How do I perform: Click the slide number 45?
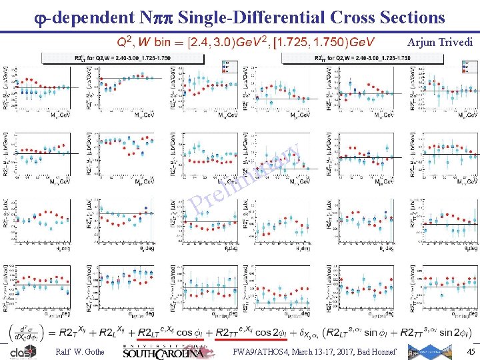471,351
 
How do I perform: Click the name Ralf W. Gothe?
80,351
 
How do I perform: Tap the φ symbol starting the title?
41,16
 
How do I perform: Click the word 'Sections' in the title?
407,15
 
